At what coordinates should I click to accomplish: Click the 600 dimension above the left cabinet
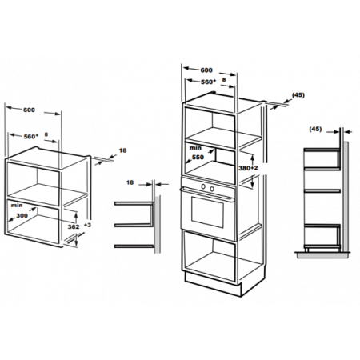29,110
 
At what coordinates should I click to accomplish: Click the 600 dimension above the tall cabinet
206,70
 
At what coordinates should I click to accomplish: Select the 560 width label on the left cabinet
31,137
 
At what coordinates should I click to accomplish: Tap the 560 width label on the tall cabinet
208,82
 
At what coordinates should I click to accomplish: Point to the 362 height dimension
74,226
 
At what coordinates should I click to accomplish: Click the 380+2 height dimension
248,168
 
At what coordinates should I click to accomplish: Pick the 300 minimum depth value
22,215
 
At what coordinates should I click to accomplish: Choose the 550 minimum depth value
198,158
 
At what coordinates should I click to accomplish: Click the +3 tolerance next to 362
87,225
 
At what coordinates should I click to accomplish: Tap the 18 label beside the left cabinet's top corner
122,150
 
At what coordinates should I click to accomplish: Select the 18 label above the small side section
130,182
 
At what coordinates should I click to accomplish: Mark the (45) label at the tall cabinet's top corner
298,95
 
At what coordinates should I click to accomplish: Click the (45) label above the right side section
315,129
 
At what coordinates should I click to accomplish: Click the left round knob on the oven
203,186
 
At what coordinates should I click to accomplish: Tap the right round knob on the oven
212,189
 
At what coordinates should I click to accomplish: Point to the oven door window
207,212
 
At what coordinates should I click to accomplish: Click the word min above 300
17,206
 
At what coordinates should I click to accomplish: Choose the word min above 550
195,148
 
